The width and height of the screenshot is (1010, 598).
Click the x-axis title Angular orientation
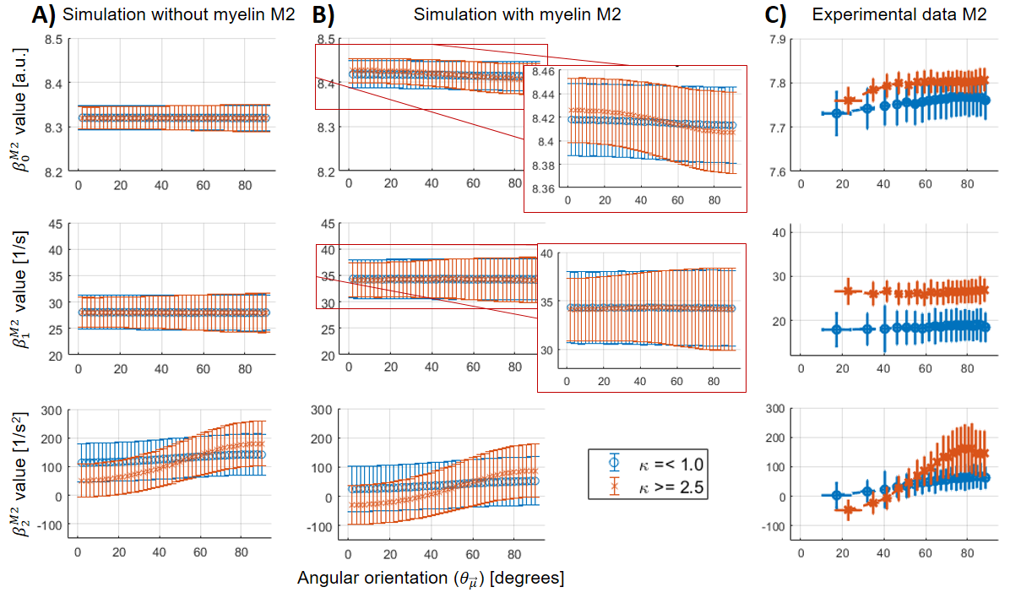coord(431,579)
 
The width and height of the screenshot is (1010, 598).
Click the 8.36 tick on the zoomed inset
coord(545,189)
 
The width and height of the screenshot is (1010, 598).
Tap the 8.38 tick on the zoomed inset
coord(545,166)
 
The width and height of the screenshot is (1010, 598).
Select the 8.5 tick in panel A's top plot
coord(56,39)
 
